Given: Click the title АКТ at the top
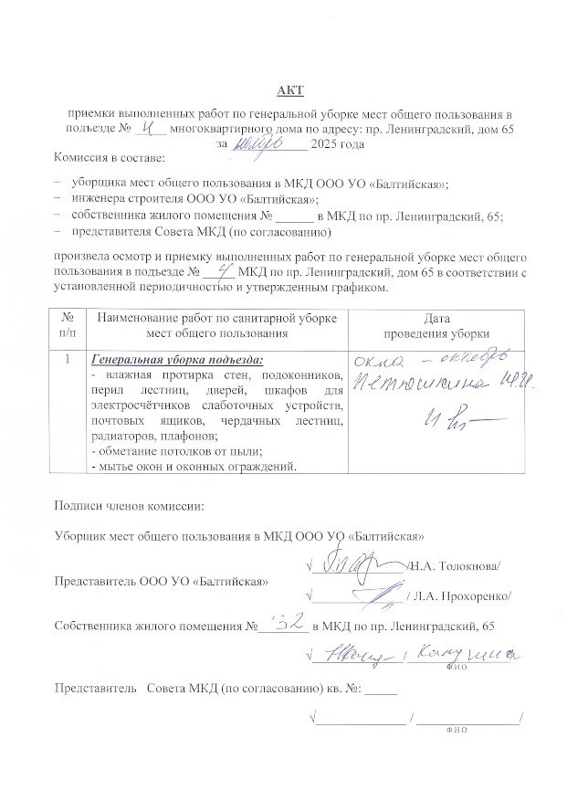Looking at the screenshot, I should click(x=290, y=90).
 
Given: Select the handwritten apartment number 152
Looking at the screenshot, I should click(x=284, y=625).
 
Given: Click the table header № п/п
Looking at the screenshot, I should click(x=66, y=326).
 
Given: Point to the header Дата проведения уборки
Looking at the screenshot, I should click(x=437, y=326).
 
